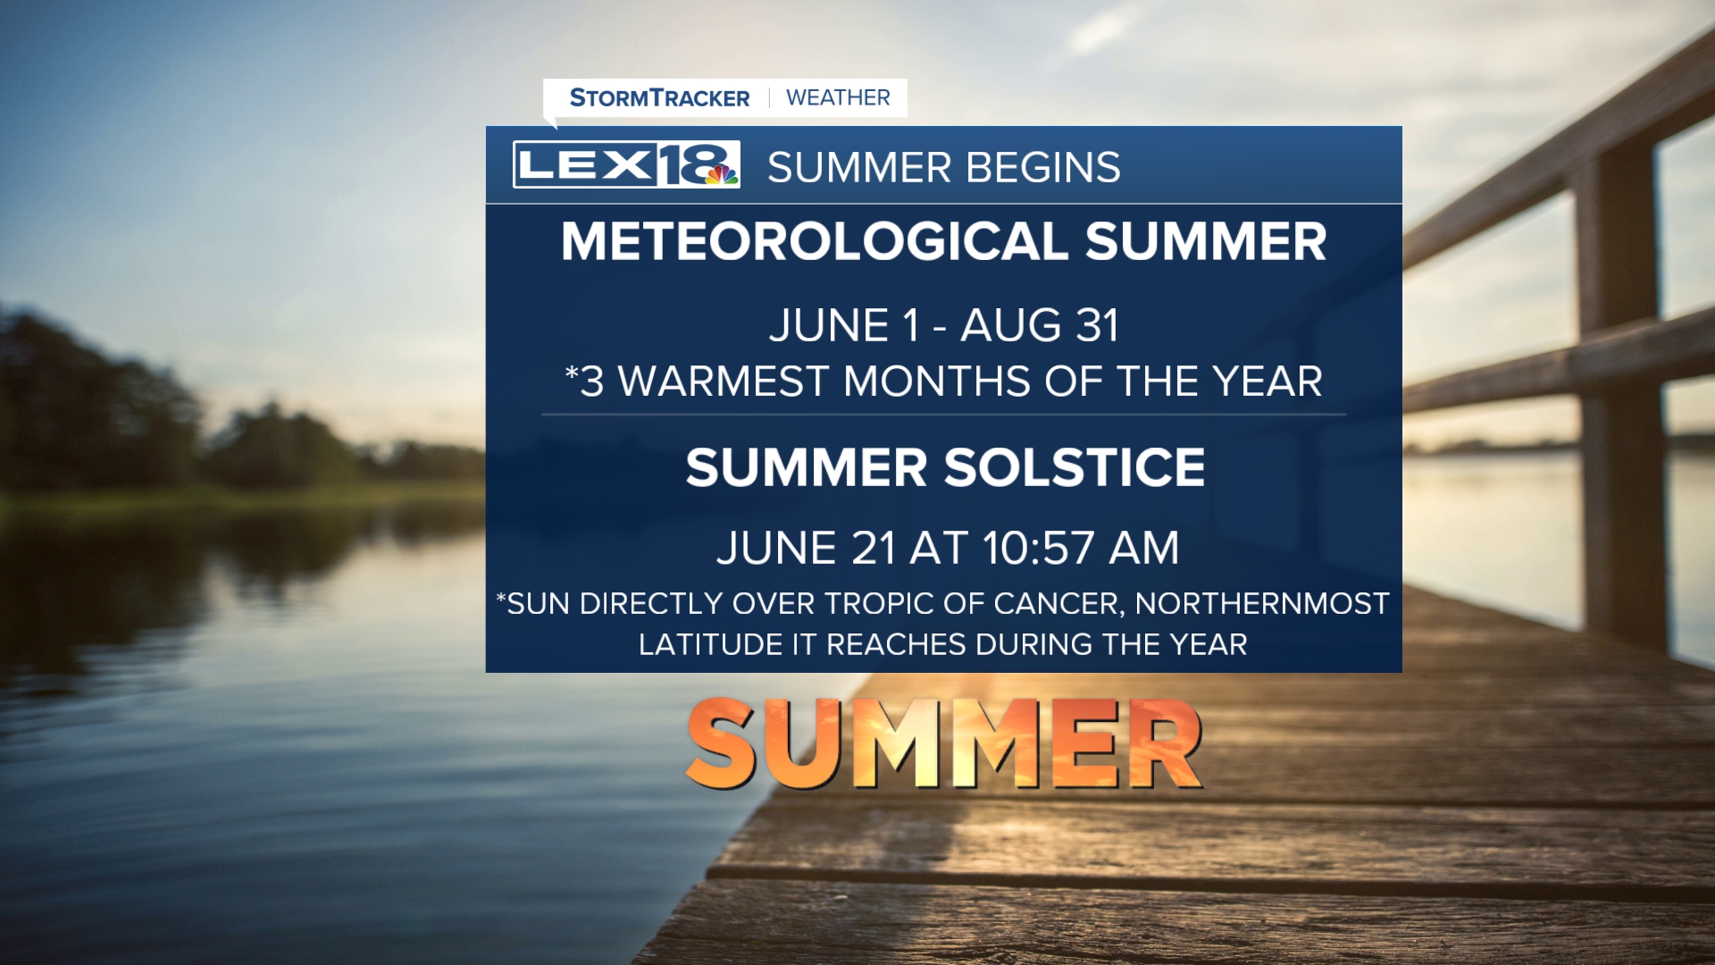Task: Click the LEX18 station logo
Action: point(626,164)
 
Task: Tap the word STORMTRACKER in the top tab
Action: point(659,97)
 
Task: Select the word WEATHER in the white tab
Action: point(838,97)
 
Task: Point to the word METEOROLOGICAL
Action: point(815,241)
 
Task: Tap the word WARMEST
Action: point(724,382)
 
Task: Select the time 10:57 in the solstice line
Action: point(1038,548)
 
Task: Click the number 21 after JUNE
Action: point(873,548)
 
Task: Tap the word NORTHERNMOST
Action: point(1262,604)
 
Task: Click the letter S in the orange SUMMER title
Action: point(724,743)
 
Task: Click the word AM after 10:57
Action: point(1143,548)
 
